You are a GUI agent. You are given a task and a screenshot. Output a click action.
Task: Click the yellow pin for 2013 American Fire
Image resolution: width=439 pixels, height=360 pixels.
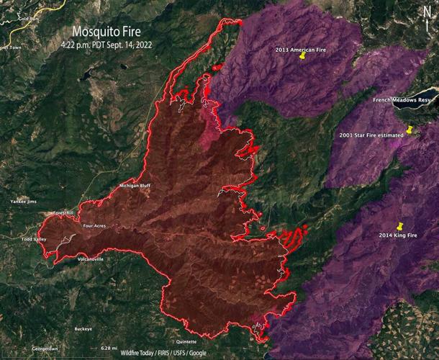pyautogui.click(x=303, y=55)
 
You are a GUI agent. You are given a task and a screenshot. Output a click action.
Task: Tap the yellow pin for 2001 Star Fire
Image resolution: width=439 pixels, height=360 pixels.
pyautogui.click(x=409, y=130)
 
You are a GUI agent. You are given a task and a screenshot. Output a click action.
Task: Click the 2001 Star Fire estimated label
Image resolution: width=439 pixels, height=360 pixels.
pyautogui.click(x=370, y=135)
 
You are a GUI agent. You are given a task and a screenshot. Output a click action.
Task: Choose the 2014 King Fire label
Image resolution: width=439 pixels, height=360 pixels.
pyautogui.click(x=398, y=235)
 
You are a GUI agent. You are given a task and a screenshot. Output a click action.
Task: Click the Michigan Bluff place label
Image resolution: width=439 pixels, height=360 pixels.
pyautogui.click(x=135, y=186)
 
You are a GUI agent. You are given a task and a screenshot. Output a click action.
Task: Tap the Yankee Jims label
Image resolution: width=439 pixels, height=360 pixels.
pyautogui.click(x=23, y=202)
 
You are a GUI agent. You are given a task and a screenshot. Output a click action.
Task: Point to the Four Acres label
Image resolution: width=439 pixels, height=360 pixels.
pyautogui.click(x=95, y=225)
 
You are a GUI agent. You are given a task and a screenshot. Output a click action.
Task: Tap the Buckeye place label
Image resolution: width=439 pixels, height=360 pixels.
pyautogui.click(x=83, y=329)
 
